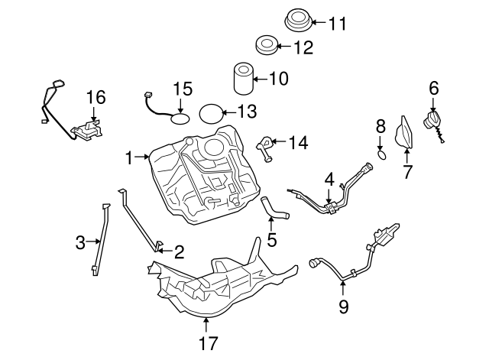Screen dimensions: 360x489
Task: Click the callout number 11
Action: coord(338,24)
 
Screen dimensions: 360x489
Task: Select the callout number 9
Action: coord(344,307)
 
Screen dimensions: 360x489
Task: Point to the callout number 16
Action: coord(95,98)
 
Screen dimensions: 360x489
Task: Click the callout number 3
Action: coord(81,243)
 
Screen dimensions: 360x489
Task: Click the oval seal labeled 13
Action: coord(212,113)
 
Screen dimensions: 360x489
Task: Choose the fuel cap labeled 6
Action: coord(432,122)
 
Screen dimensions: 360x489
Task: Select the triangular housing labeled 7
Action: coord(402,138)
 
